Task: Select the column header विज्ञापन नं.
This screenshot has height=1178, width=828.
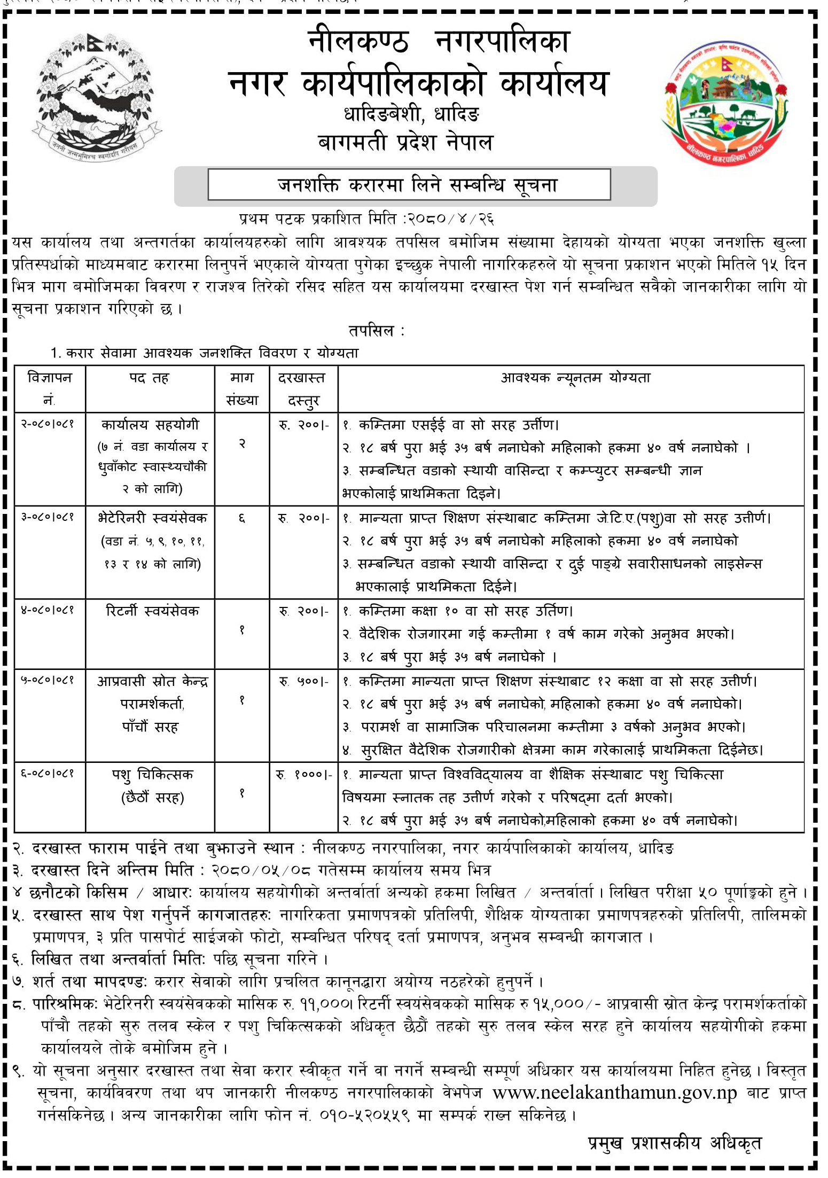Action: [x=50, y=388]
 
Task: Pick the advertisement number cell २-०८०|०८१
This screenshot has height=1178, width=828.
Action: [x=48, y=424]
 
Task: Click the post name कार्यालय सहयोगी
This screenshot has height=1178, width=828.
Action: [x=150, y=425]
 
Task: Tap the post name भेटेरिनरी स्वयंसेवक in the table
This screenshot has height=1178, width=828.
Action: [x=153, y=518]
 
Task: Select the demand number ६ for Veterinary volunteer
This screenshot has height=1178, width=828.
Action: [x=241, y=518]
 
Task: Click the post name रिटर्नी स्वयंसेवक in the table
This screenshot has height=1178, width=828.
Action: [x=153, y=611]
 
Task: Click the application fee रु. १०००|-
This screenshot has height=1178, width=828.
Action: [x=303, y=775]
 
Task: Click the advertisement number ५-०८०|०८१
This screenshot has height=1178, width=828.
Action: [x=48, y=681]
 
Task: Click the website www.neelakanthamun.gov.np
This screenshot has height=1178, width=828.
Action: [x=614, y=1093]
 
